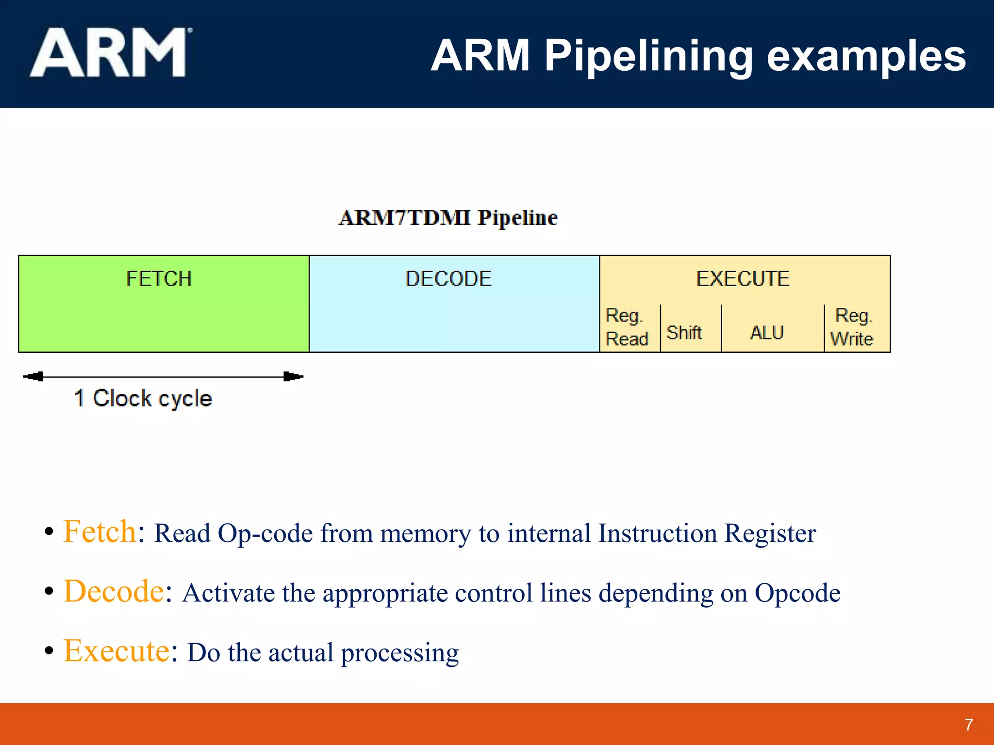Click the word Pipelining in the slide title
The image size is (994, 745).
point(648,57)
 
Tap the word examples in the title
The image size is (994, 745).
point(866,57)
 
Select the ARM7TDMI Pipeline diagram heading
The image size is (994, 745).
point(448,218)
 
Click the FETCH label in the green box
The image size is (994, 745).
point(159,279)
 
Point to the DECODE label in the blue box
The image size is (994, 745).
point(448,279)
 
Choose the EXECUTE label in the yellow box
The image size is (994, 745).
point(743,279)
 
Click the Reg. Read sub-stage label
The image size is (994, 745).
point(627,327)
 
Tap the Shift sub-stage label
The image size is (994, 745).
point(684,333)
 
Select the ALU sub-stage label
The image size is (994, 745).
point(767,333)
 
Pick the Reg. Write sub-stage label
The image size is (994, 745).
point(852,327)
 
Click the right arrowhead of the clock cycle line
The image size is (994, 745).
point(293,376)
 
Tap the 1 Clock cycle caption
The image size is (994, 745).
point(143,399)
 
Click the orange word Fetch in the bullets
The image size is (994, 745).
point(99,532)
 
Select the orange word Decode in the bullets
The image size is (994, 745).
point(114,591)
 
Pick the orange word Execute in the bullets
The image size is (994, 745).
point(116,651)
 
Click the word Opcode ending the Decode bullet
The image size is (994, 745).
point(797,593)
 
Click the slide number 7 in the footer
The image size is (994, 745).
point(969,725)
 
